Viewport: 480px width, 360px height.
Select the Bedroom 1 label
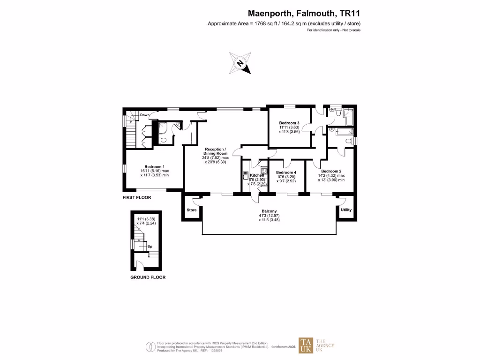[x=154, y=166]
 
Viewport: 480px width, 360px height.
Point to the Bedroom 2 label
[x=331, y=171]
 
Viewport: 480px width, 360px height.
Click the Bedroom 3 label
[x=289, y=123]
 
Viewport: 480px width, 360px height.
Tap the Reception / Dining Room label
[x=215, y=151]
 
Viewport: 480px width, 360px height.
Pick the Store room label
[x=192, y=210]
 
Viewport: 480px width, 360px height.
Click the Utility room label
[x=346, y=210]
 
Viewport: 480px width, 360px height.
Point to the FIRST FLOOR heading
[x=137, y=198]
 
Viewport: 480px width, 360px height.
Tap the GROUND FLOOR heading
[x=148, y=277]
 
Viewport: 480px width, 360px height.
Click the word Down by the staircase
[x=145, y=115]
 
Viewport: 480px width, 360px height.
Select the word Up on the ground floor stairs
[x=150, y=246]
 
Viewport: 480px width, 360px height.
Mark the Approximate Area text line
[x=284, y=23]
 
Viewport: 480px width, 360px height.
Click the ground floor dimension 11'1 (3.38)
[x=147, y=218]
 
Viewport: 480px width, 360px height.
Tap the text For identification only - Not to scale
[x=333, y=30]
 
